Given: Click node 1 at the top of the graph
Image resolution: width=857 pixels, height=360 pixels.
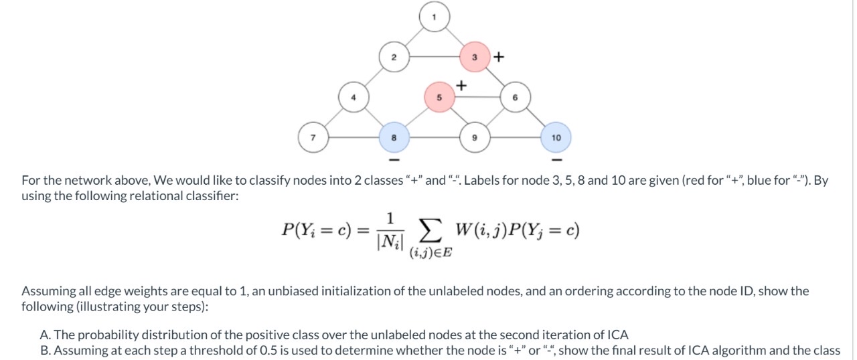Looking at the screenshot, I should click(x=435, y=17).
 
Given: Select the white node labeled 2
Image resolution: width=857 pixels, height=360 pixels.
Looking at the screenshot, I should click(x=394, y=57).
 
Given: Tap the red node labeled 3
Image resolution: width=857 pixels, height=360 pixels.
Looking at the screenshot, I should click(x=475, y=57).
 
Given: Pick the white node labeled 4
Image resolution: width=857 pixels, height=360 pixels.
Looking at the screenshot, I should click(x=354, y=97).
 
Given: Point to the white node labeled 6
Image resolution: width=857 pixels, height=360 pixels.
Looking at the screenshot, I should click(x=515, y=97).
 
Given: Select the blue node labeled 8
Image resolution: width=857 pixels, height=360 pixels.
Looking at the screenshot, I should click(x=394, y=137).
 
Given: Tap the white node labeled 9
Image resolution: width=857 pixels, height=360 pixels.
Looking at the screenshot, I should click(x=475, y=137).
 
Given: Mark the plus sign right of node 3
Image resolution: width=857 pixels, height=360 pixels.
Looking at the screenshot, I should click(x=497, y=57).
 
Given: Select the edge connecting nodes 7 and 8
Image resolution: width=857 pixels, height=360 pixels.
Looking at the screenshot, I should click(x=354, y=137).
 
